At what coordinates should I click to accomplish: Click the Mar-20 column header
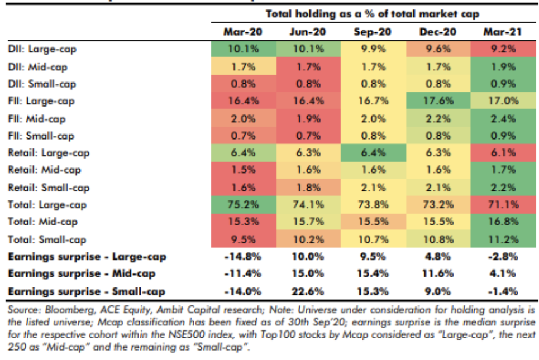[243, 32]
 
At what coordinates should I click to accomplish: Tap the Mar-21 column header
[502, 32]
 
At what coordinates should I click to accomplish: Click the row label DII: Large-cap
[42, 49]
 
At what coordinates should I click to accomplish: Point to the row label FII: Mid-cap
[37, 118]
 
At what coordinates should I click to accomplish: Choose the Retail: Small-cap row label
[49, 188]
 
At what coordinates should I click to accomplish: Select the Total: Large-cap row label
[47, 205]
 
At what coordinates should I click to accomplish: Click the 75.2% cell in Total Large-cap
[243, 205]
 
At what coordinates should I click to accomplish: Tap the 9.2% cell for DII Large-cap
[502, 49]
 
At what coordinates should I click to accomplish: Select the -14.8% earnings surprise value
[243, 257]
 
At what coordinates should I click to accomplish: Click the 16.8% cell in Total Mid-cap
[502, 222]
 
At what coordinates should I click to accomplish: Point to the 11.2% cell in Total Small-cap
[502, 239]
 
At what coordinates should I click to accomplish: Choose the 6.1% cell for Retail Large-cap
[502, 153]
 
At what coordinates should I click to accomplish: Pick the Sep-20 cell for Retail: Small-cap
[373, 188]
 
